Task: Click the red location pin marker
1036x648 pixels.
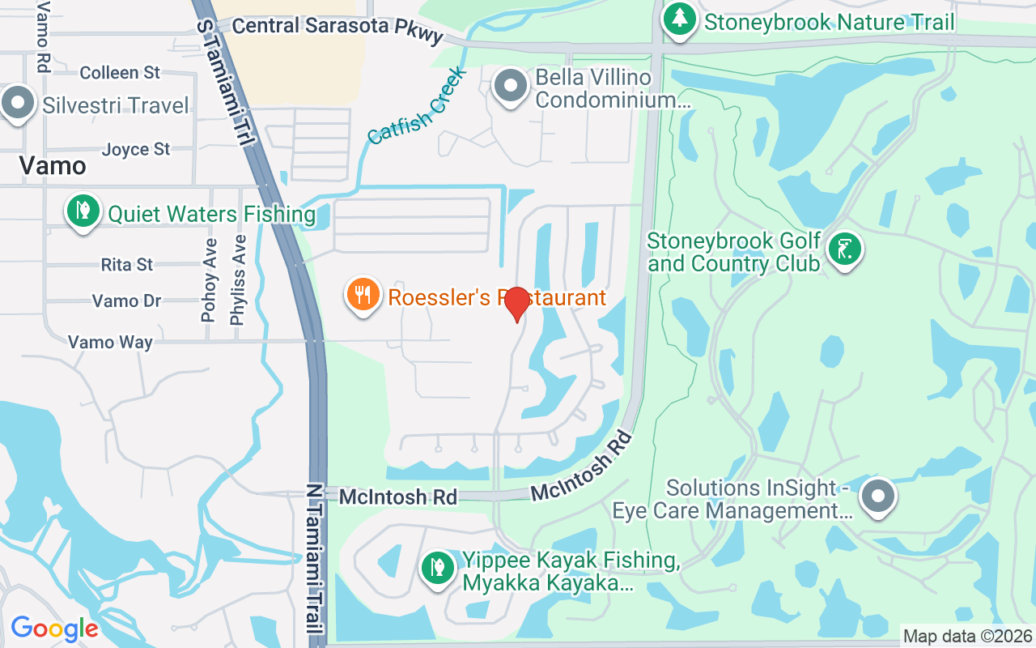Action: (x=516, y=303)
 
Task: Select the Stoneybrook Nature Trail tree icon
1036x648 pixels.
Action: (x=679, y=20)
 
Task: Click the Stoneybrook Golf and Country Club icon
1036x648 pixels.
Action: (x=845, y=249)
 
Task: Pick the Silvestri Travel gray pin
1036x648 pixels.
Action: (x=18, y=104)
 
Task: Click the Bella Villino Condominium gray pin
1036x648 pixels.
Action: (x=511, y=86)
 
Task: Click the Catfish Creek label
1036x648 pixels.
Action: (x=417, y=106)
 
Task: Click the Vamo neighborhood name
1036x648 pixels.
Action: (x=53, y=166)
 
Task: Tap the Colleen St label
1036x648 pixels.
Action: (x=120, y=73)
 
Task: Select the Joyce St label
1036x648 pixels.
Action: (x=136, y=149)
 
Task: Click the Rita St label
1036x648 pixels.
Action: (x=127, y=265)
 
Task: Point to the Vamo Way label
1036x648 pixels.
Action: (x=110, y=343)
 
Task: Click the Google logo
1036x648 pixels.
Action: (x=54, y=629)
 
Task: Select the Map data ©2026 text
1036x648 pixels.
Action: (x=968, y=637)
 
